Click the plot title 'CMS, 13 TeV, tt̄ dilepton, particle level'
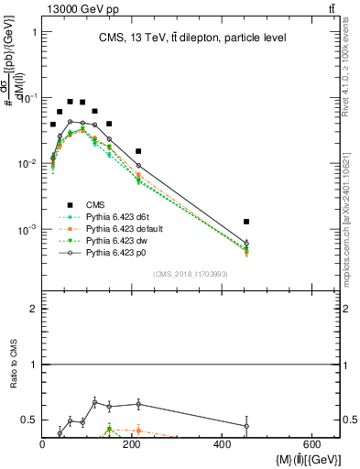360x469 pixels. coord(191,38)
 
